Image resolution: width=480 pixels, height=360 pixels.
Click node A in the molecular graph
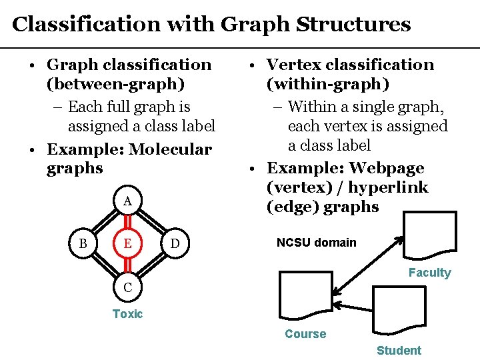click(127, 201)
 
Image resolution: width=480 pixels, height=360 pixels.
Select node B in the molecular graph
click(83, 244)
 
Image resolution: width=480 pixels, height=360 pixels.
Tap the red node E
click(127, 244)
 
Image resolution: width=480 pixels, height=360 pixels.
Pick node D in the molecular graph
click(175, 245)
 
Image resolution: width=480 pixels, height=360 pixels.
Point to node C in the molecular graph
click(127, 288)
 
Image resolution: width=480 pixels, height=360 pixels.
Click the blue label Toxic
click(127, 314)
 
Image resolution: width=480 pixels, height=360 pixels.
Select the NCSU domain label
click(317, 243)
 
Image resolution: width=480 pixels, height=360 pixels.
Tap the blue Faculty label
click(429, 273)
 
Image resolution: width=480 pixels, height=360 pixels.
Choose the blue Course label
click(305, 334)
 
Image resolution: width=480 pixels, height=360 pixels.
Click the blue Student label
click(399, 351)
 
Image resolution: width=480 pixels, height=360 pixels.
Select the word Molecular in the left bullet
click(170, 149)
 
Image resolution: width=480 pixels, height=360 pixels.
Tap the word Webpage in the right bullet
click(387, 168)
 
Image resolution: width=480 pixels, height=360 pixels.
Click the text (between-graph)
click(116, 85)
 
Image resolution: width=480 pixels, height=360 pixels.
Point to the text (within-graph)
click(328, 84)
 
